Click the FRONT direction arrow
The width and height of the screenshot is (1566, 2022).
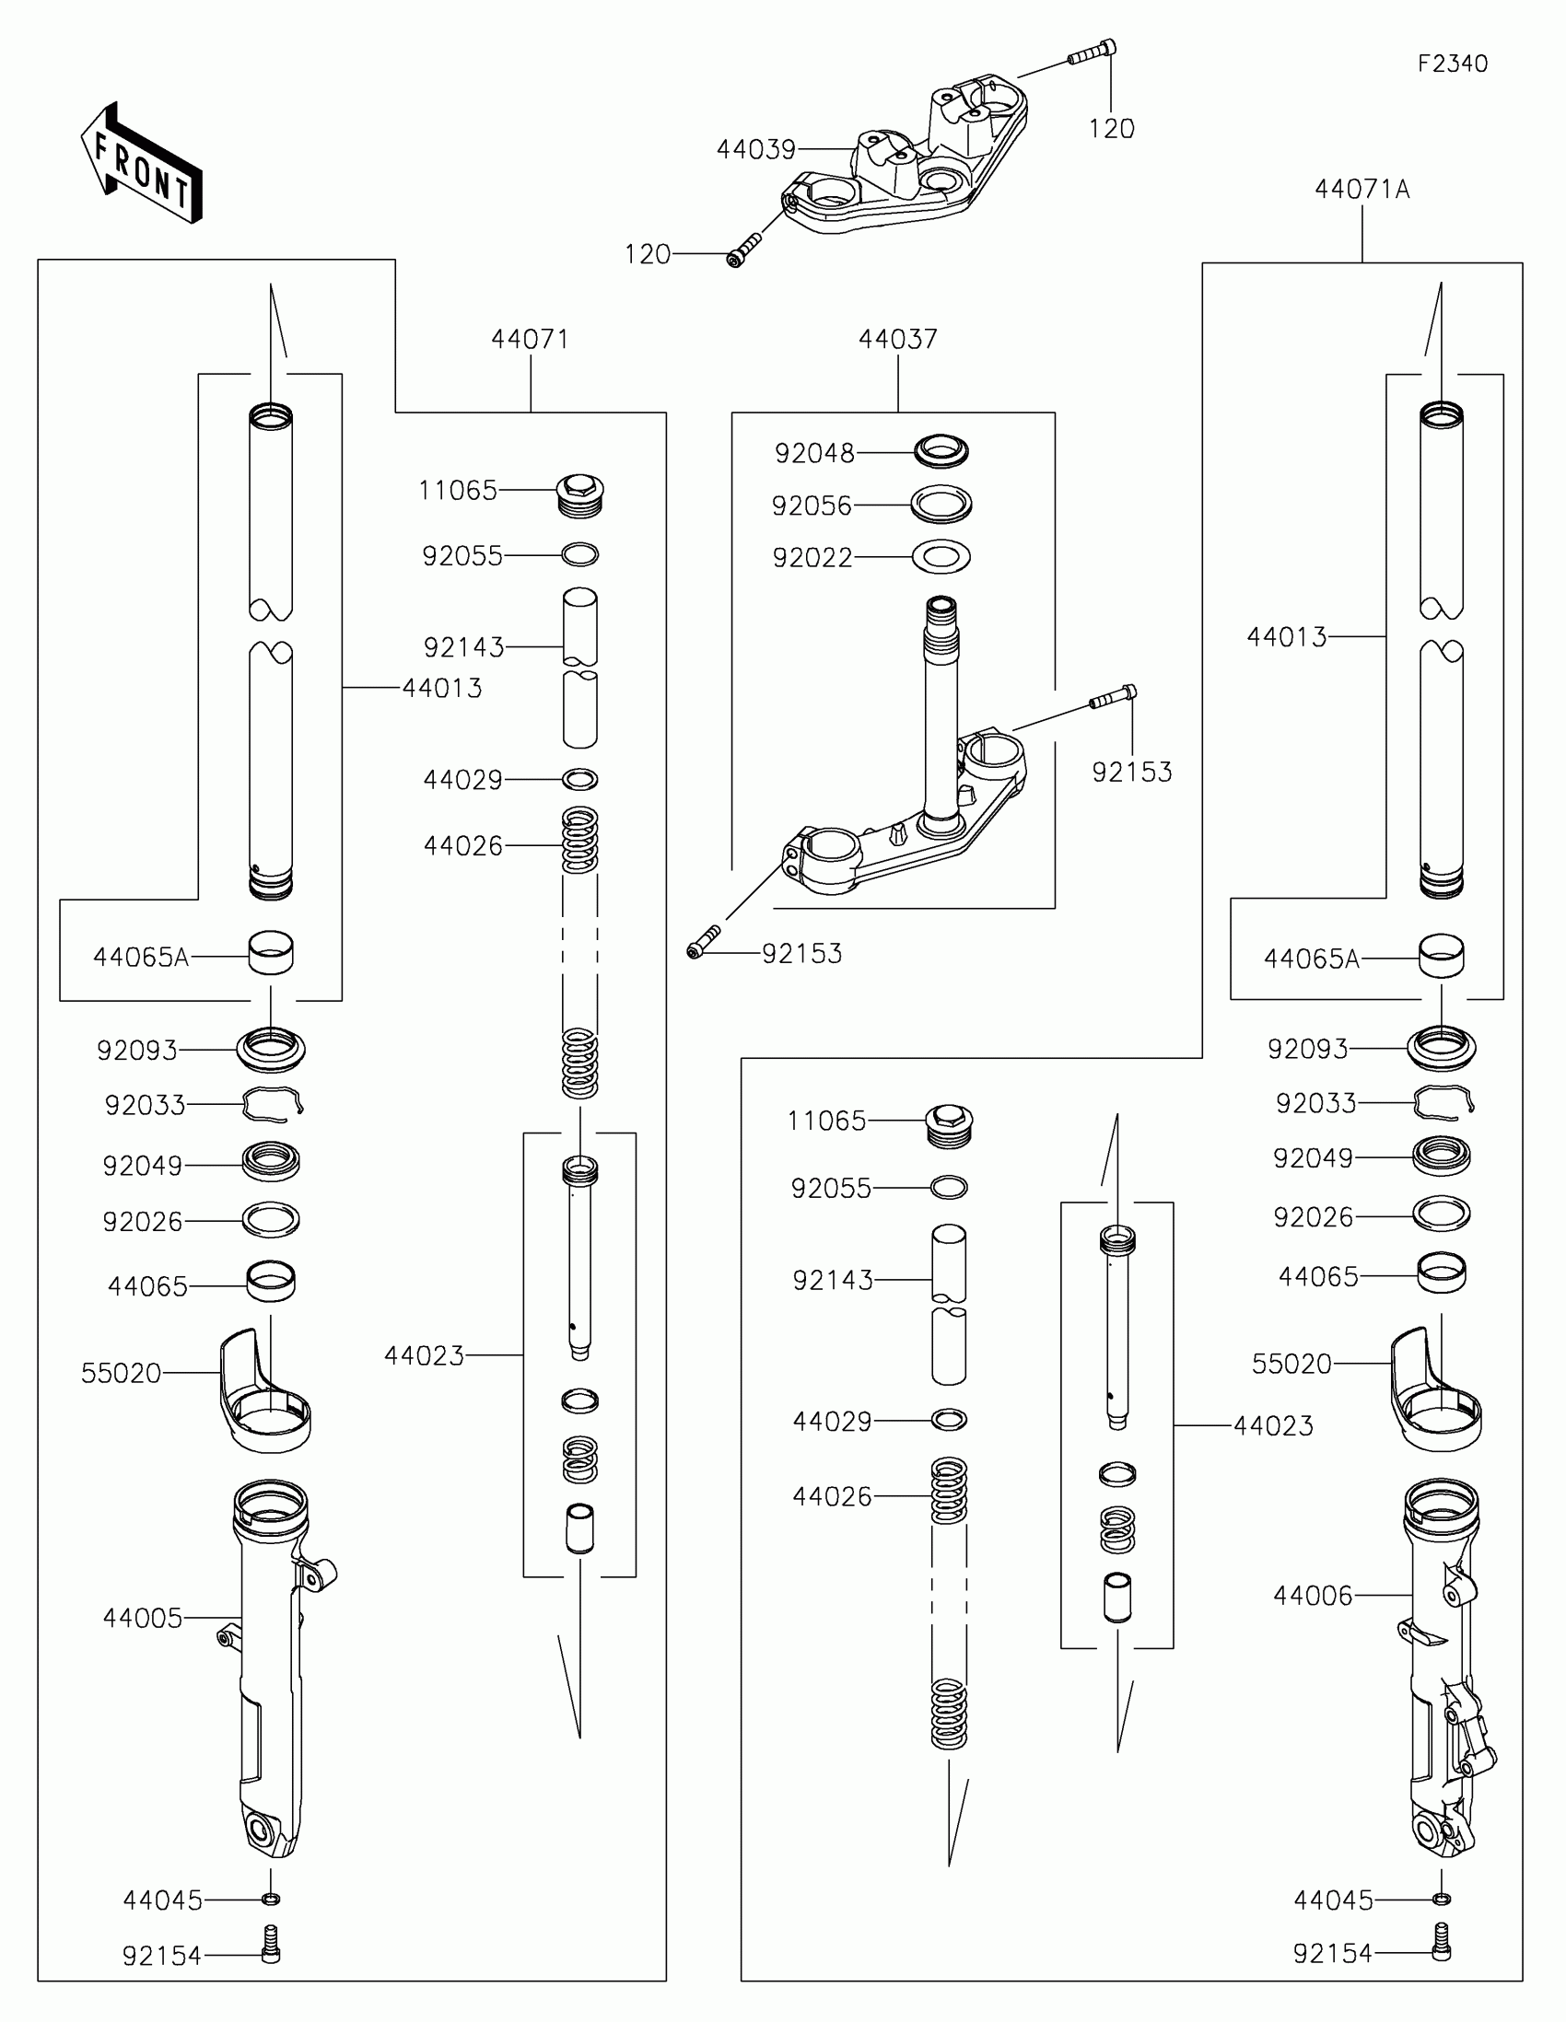pos(141,164)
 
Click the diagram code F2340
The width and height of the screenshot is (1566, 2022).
pos(1452,63)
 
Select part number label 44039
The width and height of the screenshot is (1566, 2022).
pos(755,149)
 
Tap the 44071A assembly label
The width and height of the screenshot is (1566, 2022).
pos(1361,190)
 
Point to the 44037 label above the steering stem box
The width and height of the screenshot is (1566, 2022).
pos(897,339)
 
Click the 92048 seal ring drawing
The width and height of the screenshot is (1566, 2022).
pos(941,452)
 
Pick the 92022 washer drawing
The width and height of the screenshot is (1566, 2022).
pos(941,557)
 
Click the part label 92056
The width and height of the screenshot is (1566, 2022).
pos(812,505)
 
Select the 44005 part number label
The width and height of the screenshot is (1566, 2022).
pos(143,1618)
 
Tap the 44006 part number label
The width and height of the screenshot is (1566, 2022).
pos(1313,1595)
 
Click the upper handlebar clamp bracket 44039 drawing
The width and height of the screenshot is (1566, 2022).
pos(907,162)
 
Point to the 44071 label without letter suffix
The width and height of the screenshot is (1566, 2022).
pos(530,339)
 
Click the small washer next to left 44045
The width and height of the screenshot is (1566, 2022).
pos(271,1900)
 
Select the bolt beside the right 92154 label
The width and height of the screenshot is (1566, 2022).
pos(1441,1954)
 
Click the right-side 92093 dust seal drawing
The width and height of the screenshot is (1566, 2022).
pos(1441,1048)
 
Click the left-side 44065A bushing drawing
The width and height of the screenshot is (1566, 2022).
pos(271,954)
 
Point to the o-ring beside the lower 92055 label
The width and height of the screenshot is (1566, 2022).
pos(948,1187)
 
